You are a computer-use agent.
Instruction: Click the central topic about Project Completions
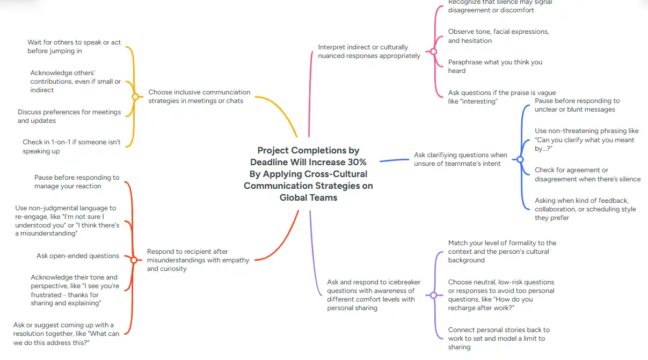click(x=308, y=174)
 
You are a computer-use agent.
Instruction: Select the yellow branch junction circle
click(x=135, y=97)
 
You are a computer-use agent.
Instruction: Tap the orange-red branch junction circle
click(x=134, y=260)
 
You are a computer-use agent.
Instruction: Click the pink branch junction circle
click(x=433, y=52)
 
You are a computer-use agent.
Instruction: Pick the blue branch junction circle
click(x=520, y=159)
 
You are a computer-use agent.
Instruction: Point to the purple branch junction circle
click(x=433, y=295)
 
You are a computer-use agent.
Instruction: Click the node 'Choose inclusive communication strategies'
click(x=199, y=97)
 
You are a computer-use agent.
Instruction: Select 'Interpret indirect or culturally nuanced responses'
click(x=369, y=52)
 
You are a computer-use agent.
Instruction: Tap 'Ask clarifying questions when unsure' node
click(x=460, y=159)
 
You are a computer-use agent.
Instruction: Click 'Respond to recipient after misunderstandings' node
click(x=198, y=260)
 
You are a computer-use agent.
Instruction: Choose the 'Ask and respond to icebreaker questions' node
click(x=374, y=295)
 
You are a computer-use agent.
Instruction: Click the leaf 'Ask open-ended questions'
click(x=78, y=256)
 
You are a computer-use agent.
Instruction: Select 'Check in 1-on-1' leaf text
click(x=71, y=146)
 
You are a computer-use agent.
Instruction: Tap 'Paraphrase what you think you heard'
click(x=495, y=66)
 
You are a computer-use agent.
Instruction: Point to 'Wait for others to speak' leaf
click(x=74, y=47)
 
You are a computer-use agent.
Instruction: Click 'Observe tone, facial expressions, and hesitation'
click(x=498, y=36)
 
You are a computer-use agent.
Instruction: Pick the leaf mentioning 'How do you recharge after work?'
click(x=501, y=295)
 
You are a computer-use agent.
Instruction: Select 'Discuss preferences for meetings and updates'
click(x=69, y=116)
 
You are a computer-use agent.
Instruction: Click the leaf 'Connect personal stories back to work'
click(x=499, y=339)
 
